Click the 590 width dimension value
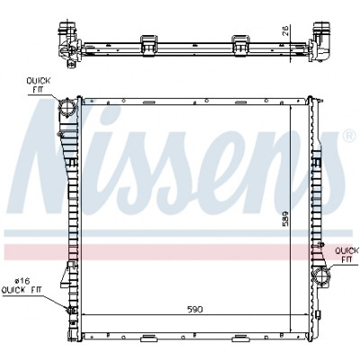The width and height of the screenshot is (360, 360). click(x=194, y=310)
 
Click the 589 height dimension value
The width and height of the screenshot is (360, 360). click(x=285, y=218)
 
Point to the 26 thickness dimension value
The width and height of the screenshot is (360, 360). click(x=286, y=31)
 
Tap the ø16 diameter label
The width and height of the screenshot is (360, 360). click(x=22, y=281)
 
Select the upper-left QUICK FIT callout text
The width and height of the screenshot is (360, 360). click(x=39, y=85)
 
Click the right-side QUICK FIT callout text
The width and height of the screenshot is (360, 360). click(x=346, y=254)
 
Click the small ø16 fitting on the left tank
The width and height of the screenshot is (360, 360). click(x=71, y=310)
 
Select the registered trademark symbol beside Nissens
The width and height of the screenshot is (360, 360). click(x=347, y=136)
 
